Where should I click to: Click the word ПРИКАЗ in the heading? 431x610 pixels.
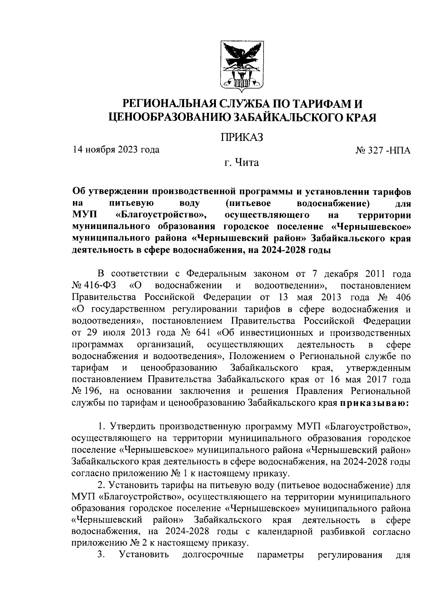pyautogui.click(x=242, y=137)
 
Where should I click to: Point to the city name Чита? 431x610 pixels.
pyautogui.click(x=246, y=163)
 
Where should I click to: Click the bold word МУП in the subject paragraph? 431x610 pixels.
pyautogui.click(x=82, y=215)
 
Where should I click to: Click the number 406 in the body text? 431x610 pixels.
pyautogui.click(x=402, y=298)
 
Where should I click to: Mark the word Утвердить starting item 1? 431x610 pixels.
pyautogui.click(x=133, y=427)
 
